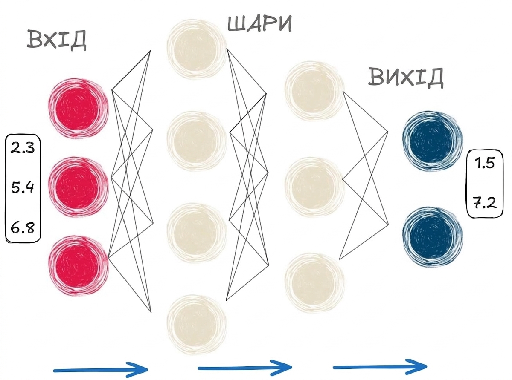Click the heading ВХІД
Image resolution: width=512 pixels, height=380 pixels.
[57, 41]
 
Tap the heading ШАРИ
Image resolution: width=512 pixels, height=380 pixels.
[259, 24]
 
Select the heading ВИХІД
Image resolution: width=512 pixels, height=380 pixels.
[405, 77]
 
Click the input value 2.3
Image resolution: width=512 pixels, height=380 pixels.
[23, 147]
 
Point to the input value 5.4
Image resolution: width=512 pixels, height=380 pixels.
[23, 187]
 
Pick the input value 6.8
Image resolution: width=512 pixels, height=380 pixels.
[23, 228]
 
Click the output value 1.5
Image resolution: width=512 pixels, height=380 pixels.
[485, 163]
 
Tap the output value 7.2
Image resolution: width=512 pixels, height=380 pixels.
[485, 203]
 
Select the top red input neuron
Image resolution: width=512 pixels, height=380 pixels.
[79, 108]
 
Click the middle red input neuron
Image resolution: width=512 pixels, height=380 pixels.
[79, 187]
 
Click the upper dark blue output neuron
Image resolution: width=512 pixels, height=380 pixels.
[432, 141]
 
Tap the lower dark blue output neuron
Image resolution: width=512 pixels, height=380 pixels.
[432, 237]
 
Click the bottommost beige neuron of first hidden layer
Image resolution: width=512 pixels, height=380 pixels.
[197, 325]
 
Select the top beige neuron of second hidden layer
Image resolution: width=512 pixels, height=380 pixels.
[315, 91]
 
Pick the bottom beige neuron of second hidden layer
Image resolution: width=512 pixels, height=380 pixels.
[315, 283]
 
